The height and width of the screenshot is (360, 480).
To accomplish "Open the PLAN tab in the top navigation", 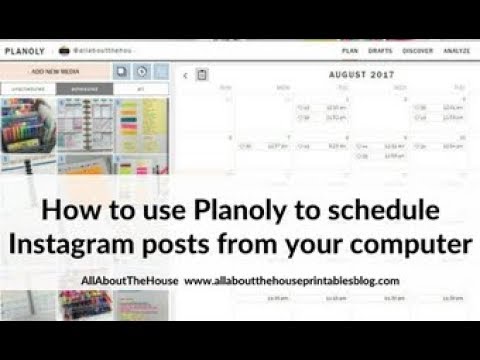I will (350, 49).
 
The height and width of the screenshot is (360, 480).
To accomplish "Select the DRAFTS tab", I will (379, 49).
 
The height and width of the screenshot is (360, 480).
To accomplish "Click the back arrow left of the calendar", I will (185, 74).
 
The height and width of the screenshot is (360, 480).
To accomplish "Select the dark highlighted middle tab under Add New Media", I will (84, 89).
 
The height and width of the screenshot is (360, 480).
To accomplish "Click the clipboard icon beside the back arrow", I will (201, 74).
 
